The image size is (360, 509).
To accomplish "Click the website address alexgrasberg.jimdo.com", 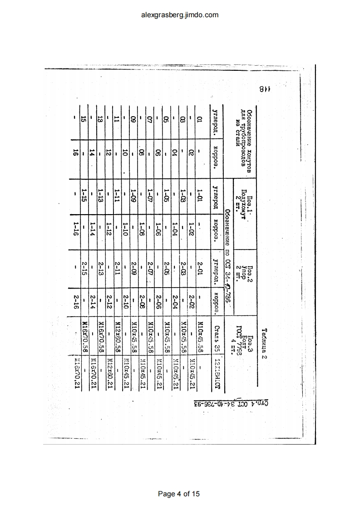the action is click(180, 15).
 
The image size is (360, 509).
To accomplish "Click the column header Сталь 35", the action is click(217, 336).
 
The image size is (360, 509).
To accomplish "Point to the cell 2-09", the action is click(133, 269).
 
